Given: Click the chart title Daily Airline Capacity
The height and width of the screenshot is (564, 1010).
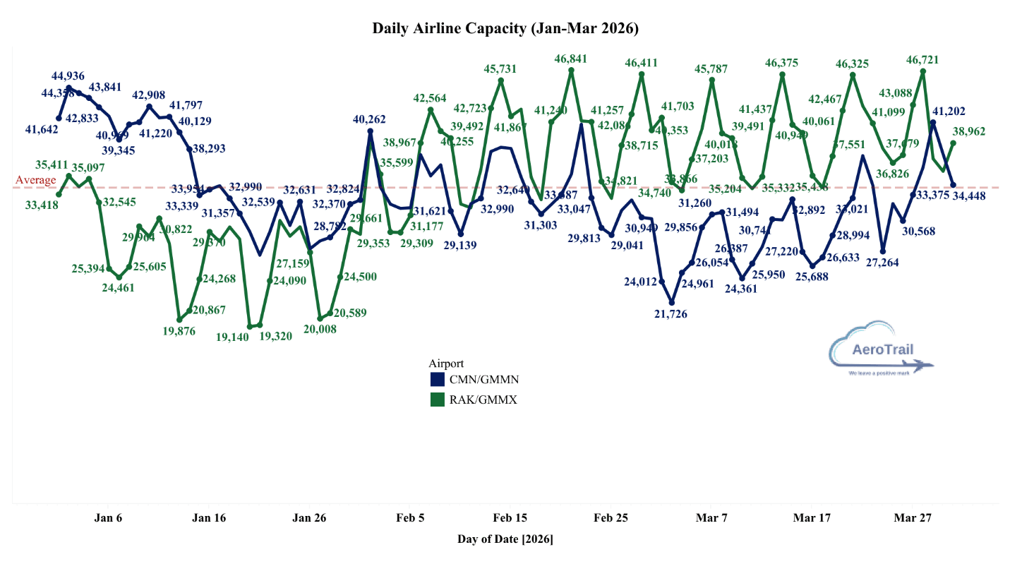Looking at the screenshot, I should (x=505, y=29).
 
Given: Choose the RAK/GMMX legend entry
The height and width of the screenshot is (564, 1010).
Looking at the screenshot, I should (x=474, y=400).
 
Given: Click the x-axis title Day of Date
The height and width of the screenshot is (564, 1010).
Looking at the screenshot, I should (x=505, y=540).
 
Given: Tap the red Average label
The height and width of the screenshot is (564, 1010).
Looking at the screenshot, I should (x=35, y=180).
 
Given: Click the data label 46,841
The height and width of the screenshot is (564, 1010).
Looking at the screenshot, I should (x=571, y=59).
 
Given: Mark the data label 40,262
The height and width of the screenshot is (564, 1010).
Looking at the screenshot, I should (x=371, y=120).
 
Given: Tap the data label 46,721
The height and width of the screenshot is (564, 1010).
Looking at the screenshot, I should (x=922, y=61).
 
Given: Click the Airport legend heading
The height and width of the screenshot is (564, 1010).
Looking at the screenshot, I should (x=446, y=363).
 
